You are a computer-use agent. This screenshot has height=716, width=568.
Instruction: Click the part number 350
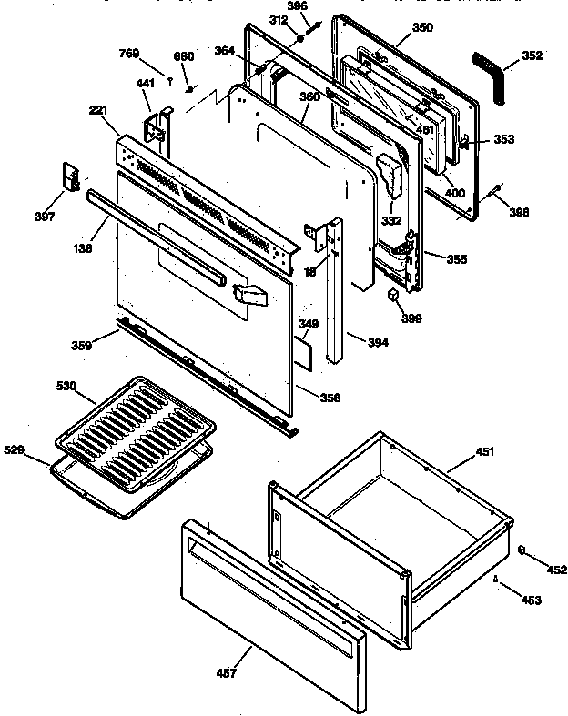(x=422, y=28)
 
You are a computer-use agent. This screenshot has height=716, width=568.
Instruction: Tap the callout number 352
(x=532, y=55)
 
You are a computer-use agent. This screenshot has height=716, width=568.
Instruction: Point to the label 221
(x=99, y=111)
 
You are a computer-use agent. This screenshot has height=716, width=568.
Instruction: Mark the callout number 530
(x=90, y=387)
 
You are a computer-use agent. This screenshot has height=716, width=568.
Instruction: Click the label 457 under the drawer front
(x=226, y=673)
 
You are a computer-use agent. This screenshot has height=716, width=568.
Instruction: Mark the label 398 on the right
(x=518, y=213)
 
